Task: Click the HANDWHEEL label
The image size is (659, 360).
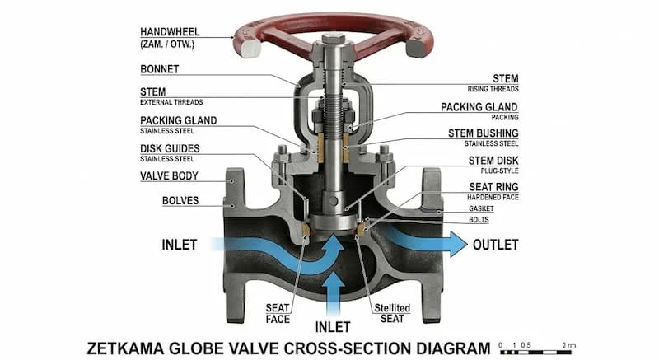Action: (x=170, y=32)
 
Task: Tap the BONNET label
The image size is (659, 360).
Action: (x=160, y=69)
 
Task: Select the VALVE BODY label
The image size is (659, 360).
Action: (x=169, y=176)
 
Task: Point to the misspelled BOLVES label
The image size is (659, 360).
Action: (x=180, y=201)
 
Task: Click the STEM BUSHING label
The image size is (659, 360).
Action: (x=484, y=133)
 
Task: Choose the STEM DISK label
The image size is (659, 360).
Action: (x=493, y=161)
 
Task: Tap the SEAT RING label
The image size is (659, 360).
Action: (x=493, y=187)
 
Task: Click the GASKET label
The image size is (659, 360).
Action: (x=481, y=208)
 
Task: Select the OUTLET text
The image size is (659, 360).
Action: (x=496, y=245)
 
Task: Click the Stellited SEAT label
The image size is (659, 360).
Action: (x=392, y=313)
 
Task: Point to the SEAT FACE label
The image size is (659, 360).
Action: (x=278, y=314)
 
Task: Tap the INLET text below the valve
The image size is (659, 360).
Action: (x=333, y=327)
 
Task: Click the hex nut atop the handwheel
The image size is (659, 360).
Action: (x=334, y=39)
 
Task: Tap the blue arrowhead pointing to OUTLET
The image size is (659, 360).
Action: (x=458, y=244)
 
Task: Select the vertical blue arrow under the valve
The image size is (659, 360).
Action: (x=334, y=293)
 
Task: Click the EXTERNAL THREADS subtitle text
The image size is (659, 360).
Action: (x=171, y=102)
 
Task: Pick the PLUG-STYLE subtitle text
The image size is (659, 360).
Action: (x=500, y=171)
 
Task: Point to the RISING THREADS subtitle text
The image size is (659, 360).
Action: (x=493, y=89)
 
